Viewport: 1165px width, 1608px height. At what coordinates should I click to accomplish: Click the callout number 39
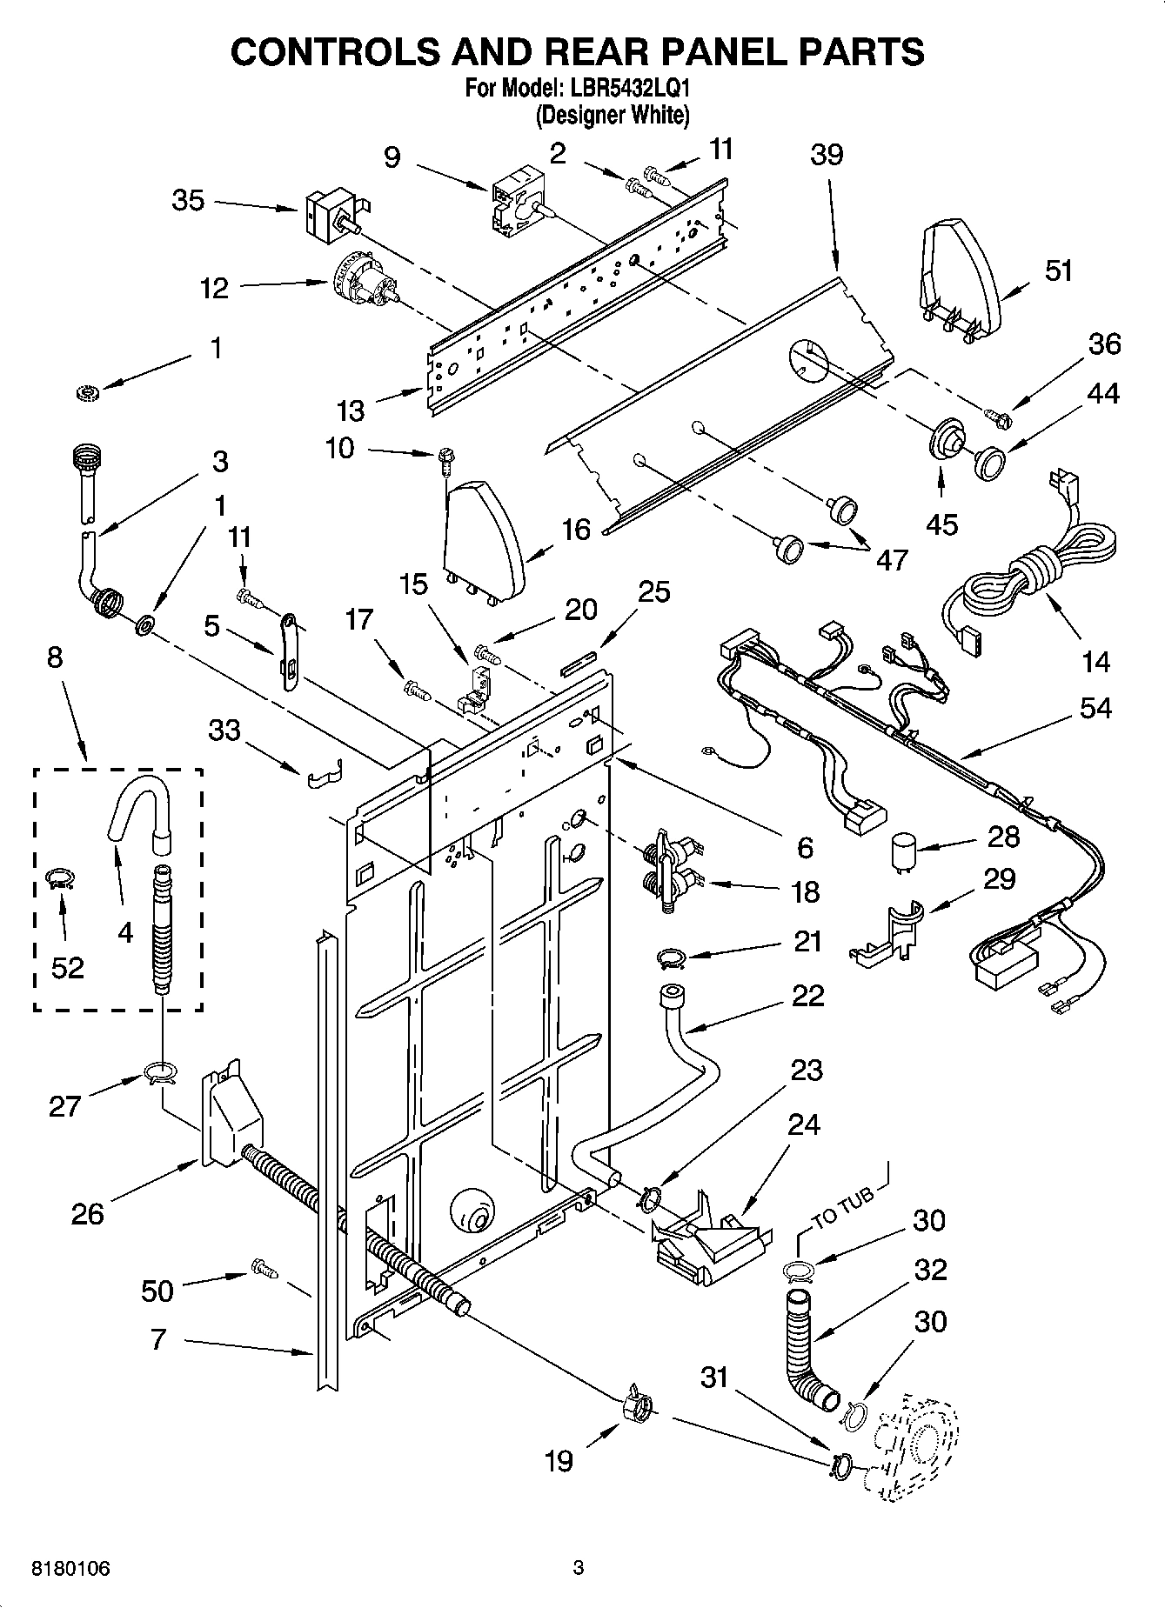[x=827, y=155]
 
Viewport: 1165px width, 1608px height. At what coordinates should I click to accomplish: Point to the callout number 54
[x=1095, y=708]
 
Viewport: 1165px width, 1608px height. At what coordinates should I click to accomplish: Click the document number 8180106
[x=70, y=1568]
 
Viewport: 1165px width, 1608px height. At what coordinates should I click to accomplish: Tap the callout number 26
[x=87, y=1213]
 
